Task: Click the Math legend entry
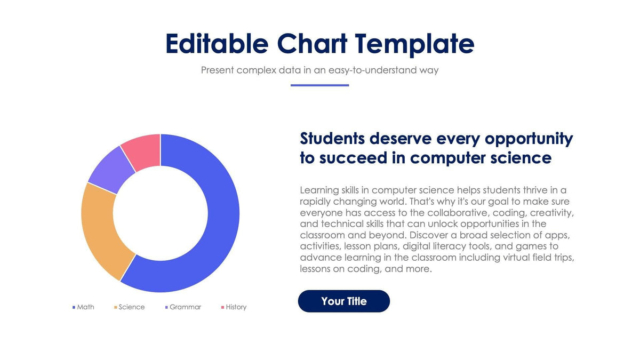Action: pyautogui.click(x=85, y=307)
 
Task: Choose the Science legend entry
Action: pyautogui.click(x=131, y=307)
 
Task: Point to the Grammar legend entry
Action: pyautogui.click(x=185, y=307)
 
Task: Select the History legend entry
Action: pyautogui.click(x=235, y=307)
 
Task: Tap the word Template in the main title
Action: pyautogui.click(x=414, y=44)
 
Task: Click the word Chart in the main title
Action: pyautogui.click(x=311, y=44)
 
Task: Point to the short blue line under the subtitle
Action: pyautogui.click(x=319, y=85)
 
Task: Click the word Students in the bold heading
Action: pyautogui.click(x=332, y=139)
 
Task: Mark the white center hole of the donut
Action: pyautogui.click(x=160, y=213)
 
